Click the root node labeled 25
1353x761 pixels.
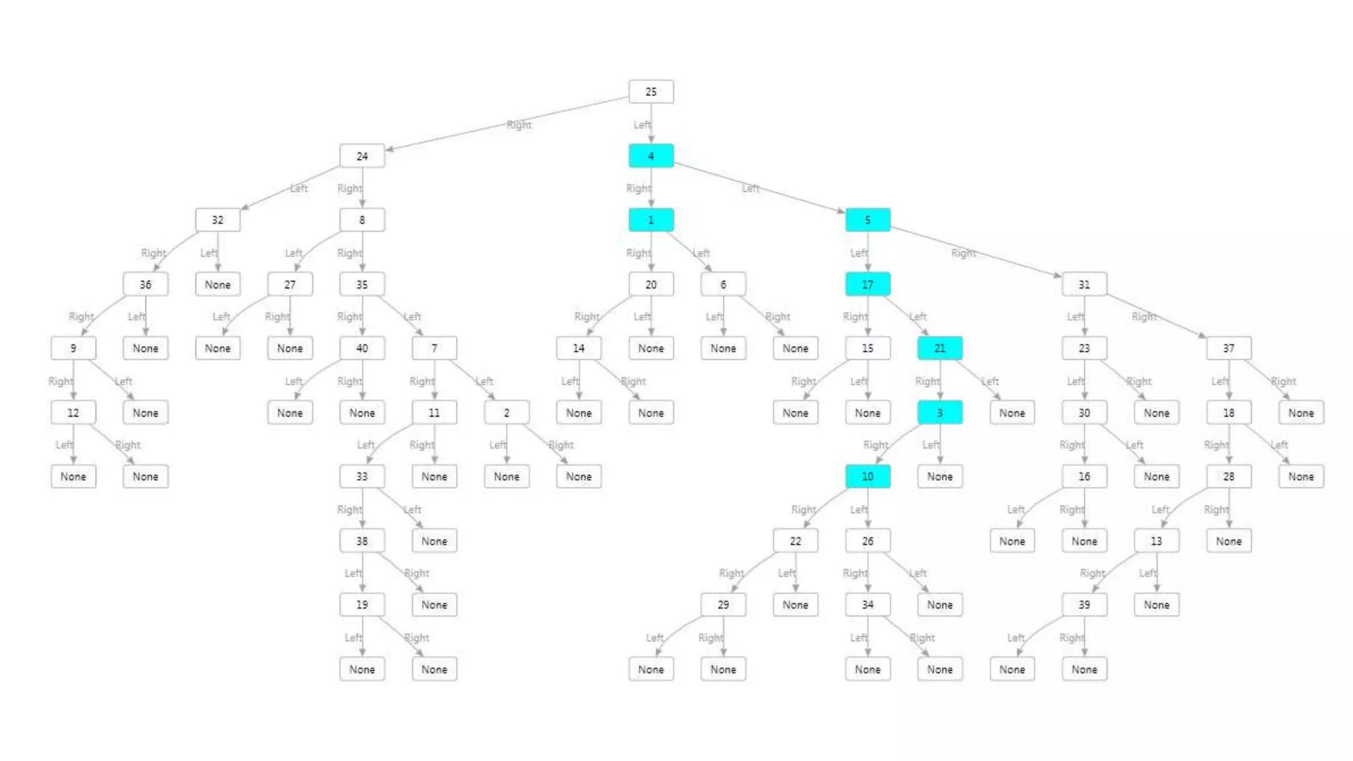651,92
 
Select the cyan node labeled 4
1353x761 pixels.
651,156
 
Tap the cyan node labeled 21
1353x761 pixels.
939,348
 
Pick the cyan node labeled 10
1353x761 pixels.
867,476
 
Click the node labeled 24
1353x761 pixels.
362,156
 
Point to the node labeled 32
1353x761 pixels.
217,220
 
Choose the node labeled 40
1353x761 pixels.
362,348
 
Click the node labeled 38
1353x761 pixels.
362,541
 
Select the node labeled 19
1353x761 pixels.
362,604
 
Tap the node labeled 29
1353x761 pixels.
723,604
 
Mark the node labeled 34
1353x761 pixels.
867,604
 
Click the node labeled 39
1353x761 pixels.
1084,604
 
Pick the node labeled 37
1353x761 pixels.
1228,348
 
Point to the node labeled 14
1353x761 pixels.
579,348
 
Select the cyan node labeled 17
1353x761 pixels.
867,284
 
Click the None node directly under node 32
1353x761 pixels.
217,284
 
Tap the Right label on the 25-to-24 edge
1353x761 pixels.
519,124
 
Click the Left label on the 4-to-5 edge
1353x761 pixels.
750,188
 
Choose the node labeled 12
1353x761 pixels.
73,412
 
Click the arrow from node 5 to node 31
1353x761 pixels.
978,252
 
